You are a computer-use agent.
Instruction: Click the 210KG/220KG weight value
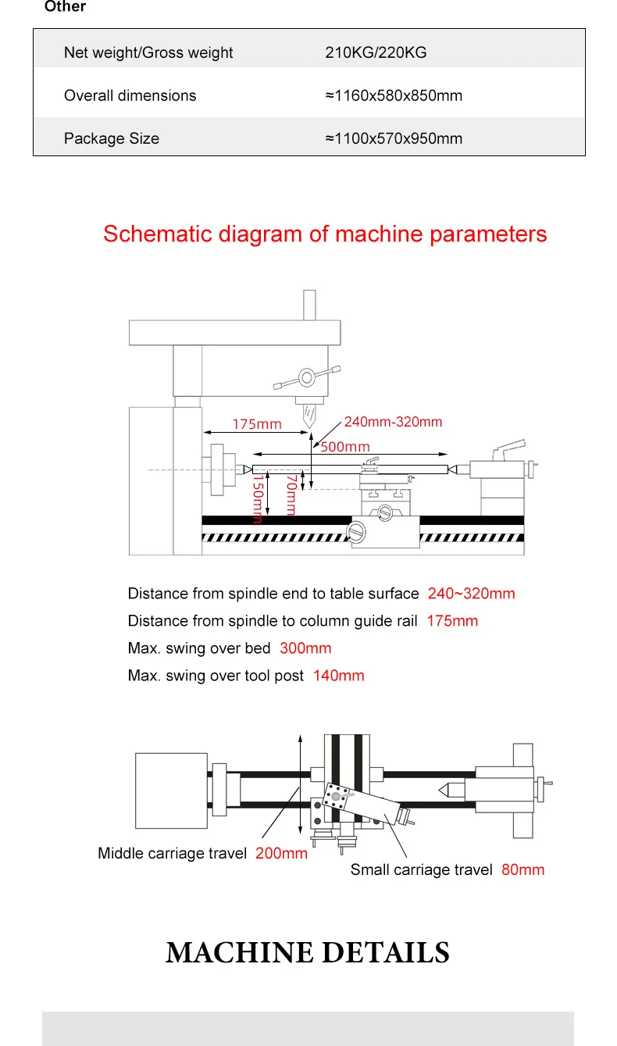click(376, 52)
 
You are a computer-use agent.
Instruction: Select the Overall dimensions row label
click(130, 95)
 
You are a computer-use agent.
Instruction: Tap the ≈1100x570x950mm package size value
click(394, 138)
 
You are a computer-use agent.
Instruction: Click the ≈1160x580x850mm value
click(394, 95)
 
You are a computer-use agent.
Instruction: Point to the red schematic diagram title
click(325, 234)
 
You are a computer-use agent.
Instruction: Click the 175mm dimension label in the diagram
click(257, 424)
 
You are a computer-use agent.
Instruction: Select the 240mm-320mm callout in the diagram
click(393, 422)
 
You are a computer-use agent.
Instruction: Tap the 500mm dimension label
click(345, 446)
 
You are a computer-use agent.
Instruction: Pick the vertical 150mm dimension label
click(258, 499)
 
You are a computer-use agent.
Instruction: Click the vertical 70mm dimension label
click(291, 495)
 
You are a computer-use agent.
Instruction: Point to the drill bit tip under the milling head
click(309, 427)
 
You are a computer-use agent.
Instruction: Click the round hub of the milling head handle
click(307, 377)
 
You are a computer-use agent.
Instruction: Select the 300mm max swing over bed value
click(305, 648)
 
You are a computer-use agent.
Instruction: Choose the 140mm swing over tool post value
click(338, 675)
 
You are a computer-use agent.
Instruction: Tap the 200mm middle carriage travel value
click(281, 853)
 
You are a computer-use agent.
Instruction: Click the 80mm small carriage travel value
click(522, 869)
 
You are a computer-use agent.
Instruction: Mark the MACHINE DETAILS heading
click(308, 952)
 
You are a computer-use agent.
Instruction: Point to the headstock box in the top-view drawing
click(171, 791)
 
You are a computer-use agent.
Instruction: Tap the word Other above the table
click(65, 6)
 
